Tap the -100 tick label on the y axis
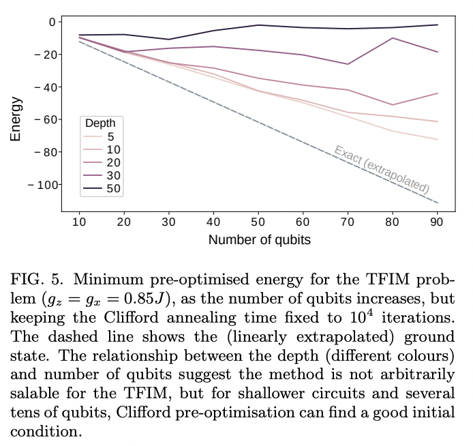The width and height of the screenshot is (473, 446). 40,185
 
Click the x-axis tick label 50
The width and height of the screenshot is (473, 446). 258,222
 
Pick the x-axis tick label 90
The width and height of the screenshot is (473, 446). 436,222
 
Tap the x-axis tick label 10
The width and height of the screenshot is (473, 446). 79,222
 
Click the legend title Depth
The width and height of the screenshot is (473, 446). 100,123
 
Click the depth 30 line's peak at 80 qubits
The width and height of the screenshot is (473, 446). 392,38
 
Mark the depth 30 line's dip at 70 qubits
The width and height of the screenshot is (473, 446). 348,64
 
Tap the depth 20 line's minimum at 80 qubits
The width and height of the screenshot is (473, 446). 392,105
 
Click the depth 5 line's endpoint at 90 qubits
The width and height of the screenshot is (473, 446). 437,139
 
